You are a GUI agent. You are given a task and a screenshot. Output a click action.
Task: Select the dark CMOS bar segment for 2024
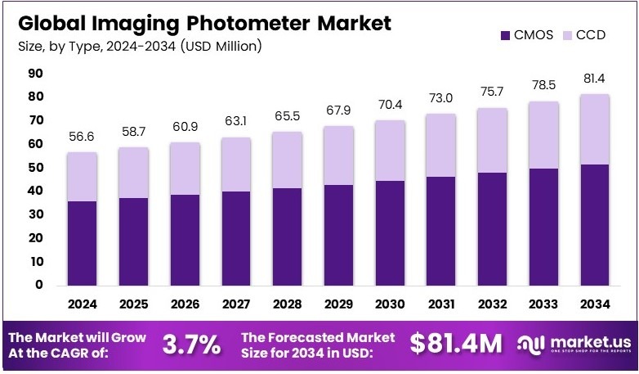pyautogui.click(x=83, y=243)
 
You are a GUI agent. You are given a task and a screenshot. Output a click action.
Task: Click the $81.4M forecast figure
pyautogui.click(x=456, y=345)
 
